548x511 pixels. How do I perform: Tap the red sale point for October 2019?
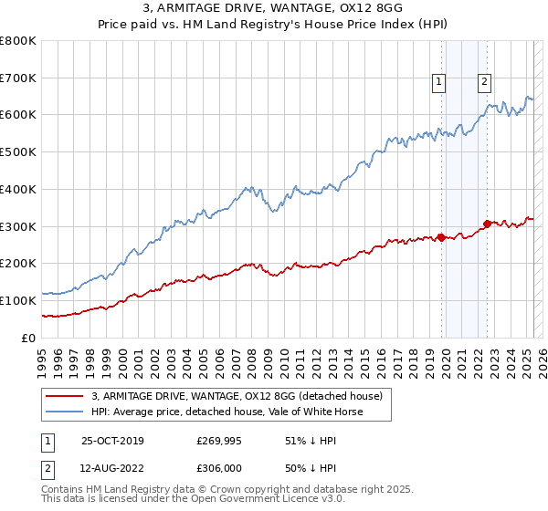click(x=441, y=237)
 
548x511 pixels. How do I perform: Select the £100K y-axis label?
click(x=18, y=300)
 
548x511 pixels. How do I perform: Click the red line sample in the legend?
click(x=64, y=396)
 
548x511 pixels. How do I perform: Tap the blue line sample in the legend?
click(x=64, y=412)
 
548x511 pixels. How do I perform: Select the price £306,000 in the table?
click(x=219, y=468)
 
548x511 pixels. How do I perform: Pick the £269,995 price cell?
click(x=219, y=441)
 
